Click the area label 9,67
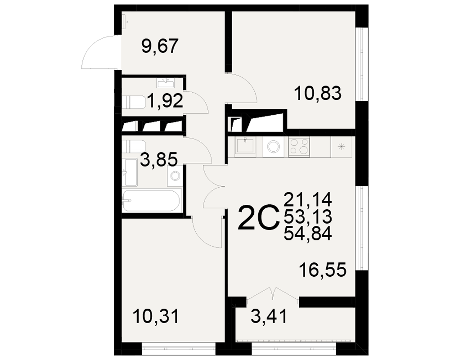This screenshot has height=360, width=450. (160, 46)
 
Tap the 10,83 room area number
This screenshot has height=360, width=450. (318, 93)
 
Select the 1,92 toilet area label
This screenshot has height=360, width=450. (165, 101)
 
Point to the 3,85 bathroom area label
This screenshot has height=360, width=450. (159, 160)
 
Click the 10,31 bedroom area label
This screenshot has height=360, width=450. (156, 316)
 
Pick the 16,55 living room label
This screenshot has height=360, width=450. (323, 270)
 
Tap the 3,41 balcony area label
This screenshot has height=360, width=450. (269, 316)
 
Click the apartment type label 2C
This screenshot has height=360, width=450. (259, 218)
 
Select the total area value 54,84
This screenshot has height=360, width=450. (308, 234)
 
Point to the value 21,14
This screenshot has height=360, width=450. (308, 199)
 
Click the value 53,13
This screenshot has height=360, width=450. (308, 216)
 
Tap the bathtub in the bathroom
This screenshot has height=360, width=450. (151, 200)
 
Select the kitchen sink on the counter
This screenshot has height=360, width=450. (245, 146)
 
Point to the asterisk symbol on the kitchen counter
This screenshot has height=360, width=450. (341, 147)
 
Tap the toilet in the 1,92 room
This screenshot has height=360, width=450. (133, 102)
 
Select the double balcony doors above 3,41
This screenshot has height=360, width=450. (273, 293)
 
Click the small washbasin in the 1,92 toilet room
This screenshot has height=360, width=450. (166, 83)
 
